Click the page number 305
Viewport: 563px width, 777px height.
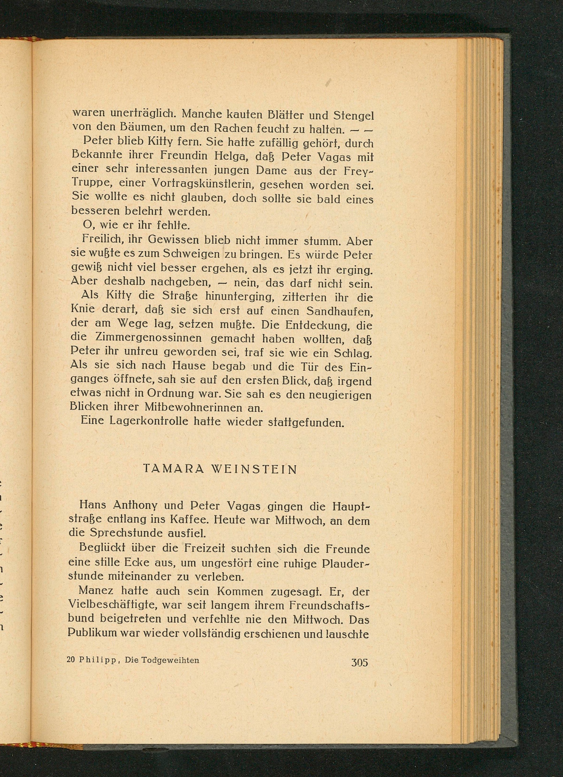tap(359, 662)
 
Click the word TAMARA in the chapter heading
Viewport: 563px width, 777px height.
tap(173, 469)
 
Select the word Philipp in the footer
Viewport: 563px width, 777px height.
tap(99, 660)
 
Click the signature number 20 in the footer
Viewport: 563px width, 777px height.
tap(71, 660)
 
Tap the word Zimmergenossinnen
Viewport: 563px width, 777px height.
tap(149, 338)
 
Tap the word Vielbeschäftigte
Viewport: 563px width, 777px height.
tap(111, 605)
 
